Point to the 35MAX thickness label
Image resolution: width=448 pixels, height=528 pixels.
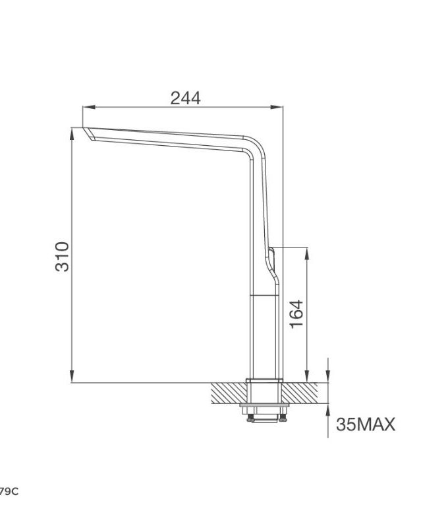pyautogui.click(x=366, y=424)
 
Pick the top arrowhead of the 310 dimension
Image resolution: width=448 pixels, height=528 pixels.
pyautogui.click(x=71, y=133)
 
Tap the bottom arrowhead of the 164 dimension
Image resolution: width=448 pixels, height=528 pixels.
pyautogui.click(x=307, y=377)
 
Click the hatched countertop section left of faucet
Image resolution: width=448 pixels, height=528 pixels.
pyautogui.click(x=227, y=394)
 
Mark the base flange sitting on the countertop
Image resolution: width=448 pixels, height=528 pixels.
pyautogui.click(x=264, y=381)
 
